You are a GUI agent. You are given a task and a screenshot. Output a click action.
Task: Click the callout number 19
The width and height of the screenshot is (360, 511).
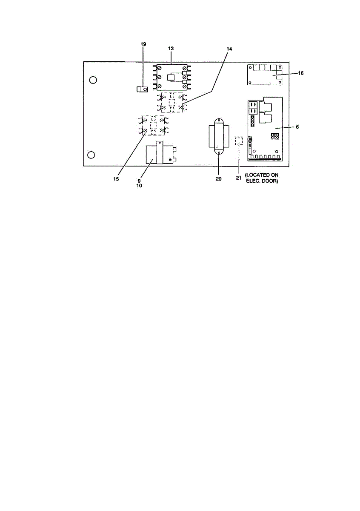(x=143, y=44)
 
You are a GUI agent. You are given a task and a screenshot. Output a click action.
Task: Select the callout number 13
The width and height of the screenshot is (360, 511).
(x=171, y=49)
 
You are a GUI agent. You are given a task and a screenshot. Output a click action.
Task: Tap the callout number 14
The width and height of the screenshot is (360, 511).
(x=229, y=49)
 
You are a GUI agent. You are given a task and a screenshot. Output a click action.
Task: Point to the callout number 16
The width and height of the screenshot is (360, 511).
(x=300, y=73)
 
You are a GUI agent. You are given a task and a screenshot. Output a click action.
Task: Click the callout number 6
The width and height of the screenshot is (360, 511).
(x=297, y=127)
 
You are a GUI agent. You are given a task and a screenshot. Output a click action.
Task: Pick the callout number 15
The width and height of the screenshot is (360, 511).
(x=116, y=179)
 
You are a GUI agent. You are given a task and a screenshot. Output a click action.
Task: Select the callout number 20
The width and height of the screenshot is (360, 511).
(x=218, y=179)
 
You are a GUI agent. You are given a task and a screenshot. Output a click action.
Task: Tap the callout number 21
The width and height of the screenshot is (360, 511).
(x=238, y=178)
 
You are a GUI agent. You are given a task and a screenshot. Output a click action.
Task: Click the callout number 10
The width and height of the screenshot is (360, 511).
(x=140, y=186)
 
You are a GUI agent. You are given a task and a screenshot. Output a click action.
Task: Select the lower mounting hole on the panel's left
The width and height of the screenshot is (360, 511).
(x=91, y=155)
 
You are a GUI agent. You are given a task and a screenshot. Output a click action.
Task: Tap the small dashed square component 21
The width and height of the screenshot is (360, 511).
(x=239, y=141)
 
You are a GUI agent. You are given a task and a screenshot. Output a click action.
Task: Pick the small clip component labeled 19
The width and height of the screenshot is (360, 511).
(x=142, y=89)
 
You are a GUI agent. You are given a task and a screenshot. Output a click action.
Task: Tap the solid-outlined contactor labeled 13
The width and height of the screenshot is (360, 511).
(x=171, y=78)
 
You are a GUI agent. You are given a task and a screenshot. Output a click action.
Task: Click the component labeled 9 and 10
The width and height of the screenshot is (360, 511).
(x=160, y=155)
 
